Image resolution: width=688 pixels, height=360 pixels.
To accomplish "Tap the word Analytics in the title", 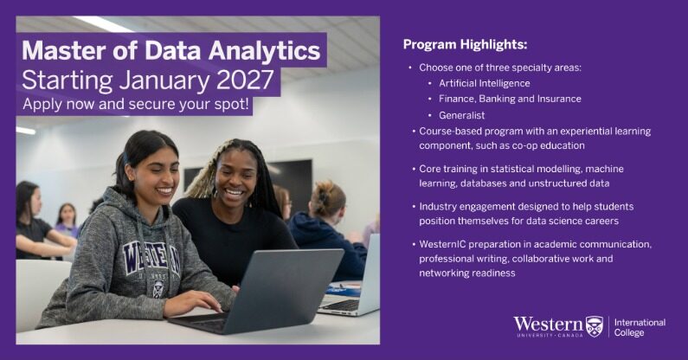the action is point(264,52).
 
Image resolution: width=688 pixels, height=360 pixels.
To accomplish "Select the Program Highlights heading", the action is point(465,45).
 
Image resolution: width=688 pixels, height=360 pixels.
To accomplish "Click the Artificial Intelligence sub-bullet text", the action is point(485,83).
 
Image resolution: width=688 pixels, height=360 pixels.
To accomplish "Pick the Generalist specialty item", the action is point(461,115).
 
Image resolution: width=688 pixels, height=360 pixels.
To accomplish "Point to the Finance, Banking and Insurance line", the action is point(510,100).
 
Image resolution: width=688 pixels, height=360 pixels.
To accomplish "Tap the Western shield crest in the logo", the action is point(595,326).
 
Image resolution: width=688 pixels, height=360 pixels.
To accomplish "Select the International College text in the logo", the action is point(640,327).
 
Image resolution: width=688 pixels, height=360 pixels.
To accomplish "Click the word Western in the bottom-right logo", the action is point(549,325).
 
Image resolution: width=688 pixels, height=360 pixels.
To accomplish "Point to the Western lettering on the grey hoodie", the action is point(151,258).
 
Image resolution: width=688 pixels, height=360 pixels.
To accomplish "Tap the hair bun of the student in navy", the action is point(323,192).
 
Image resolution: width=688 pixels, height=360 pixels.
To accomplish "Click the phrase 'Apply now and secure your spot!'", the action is point(136,105).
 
